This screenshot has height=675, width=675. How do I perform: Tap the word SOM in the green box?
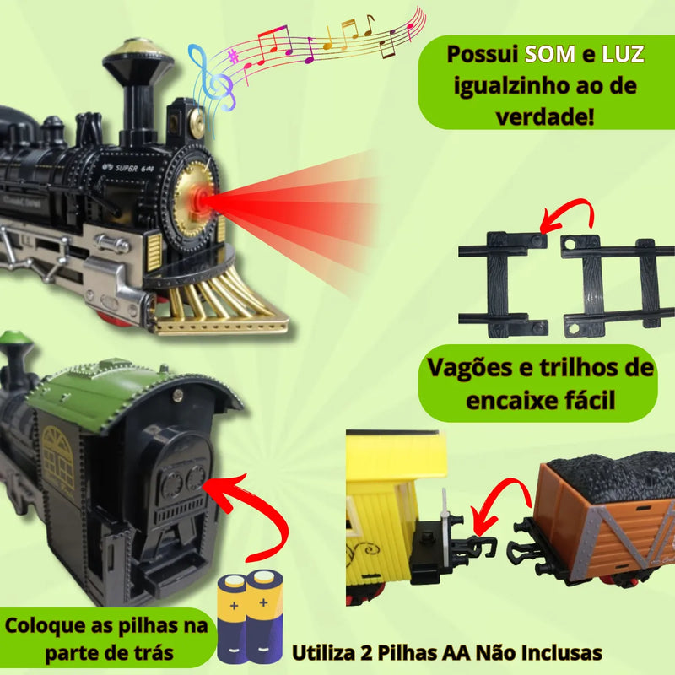pyautogui.click(x=548, y=55)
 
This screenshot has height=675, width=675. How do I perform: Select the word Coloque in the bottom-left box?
pyautogui.click(x=46, y=626)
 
